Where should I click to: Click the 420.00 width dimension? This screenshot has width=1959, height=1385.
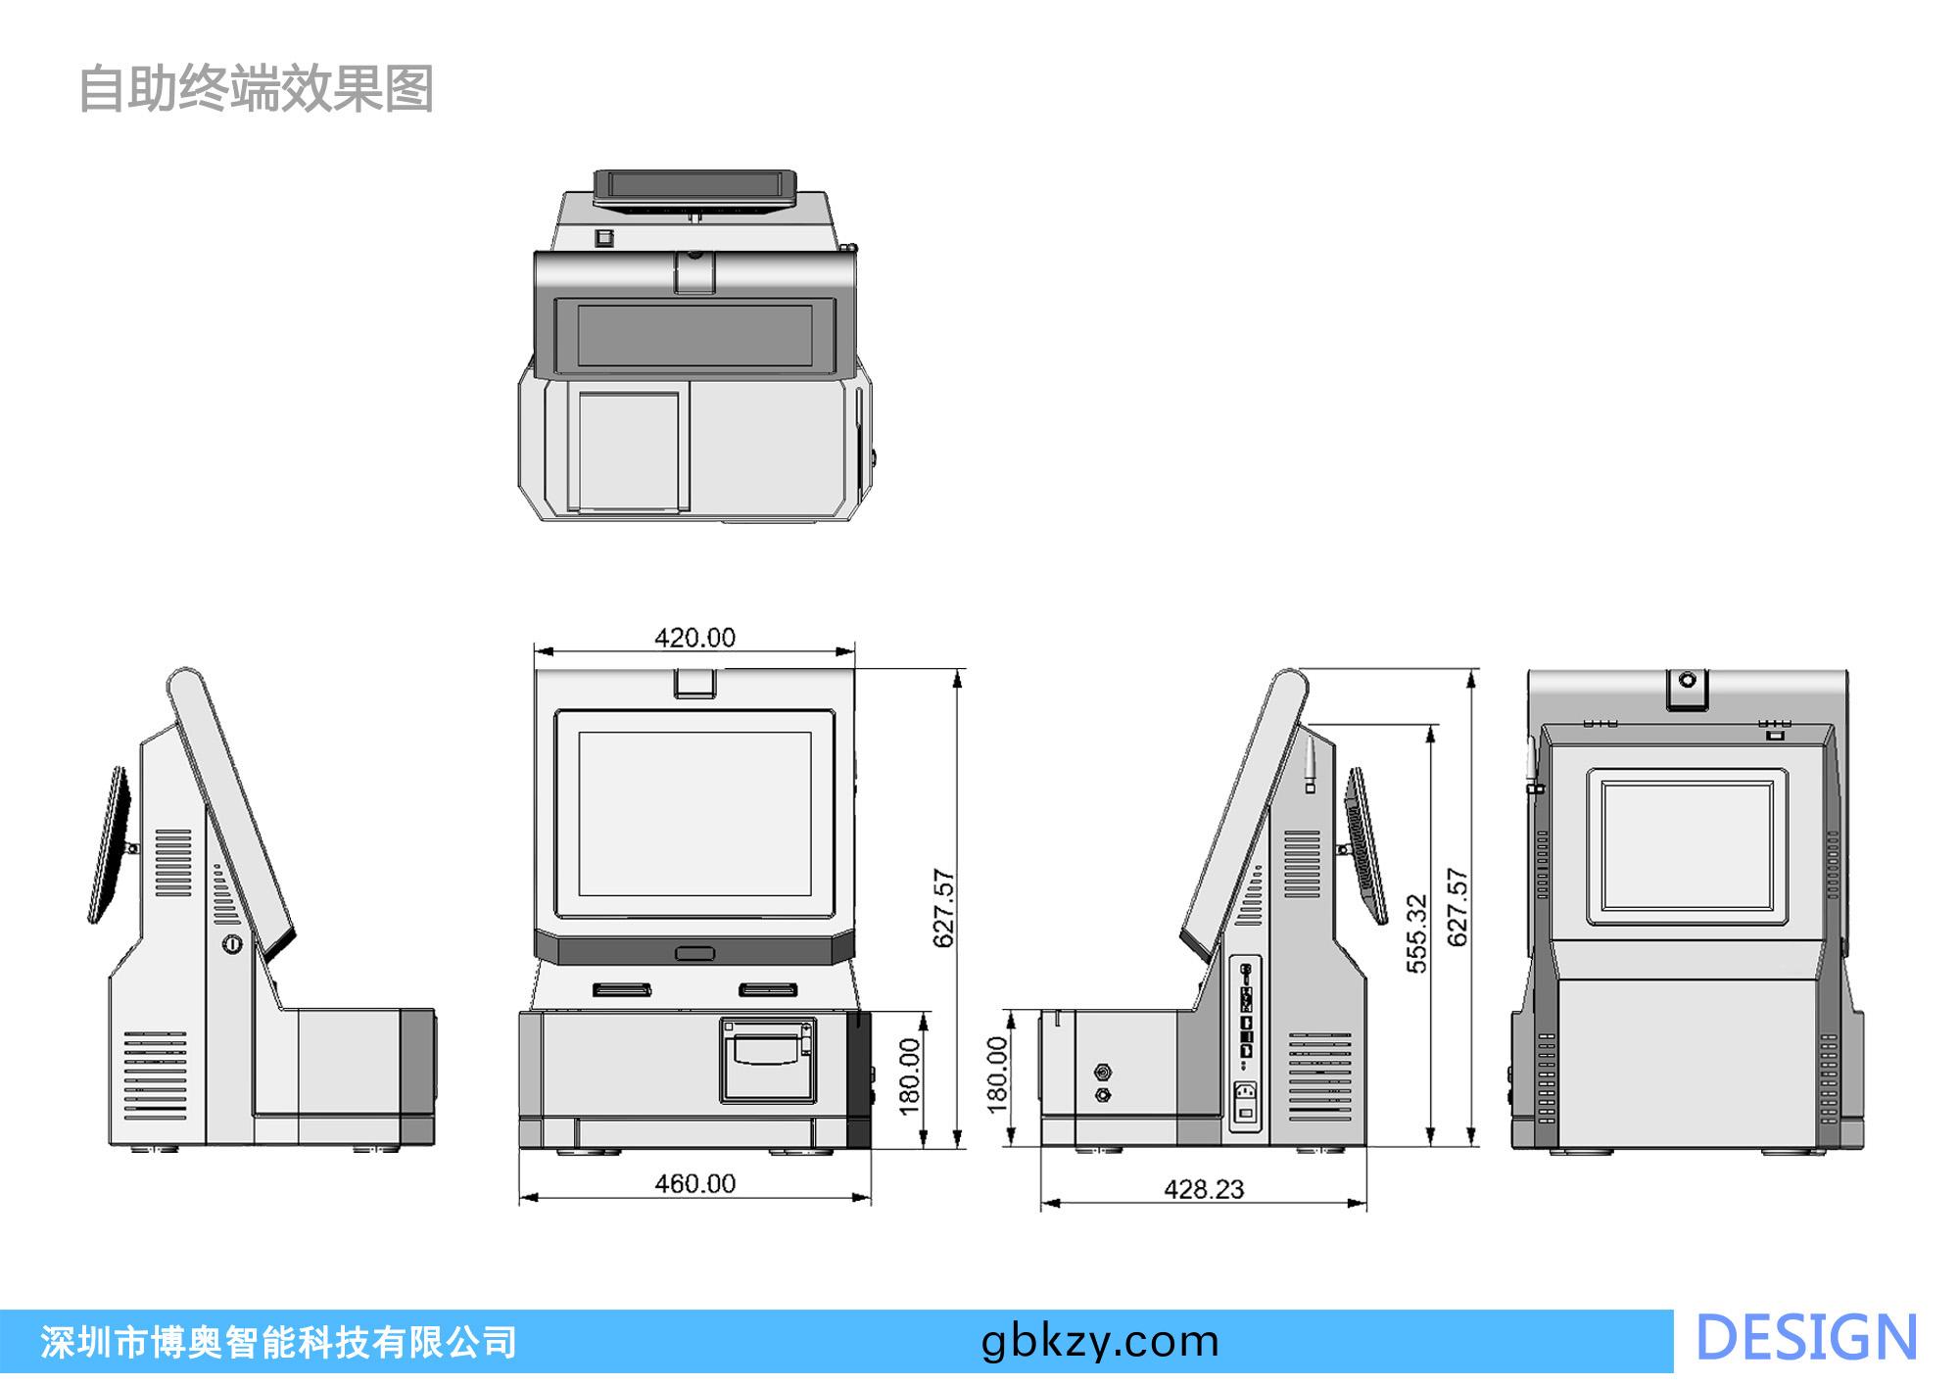coord(694,638)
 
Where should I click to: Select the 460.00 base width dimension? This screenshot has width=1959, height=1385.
coord(694,1183)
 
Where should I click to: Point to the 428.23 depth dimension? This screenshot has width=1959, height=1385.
coord(1204,1189)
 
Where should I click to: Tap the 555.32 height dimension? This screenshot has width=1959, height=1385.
coord(1417,933)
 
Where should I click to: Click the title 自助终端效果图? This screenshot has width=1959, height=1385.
coord(255,89)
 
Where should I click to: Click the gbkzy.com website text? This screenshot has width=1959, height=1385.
coord(1100,1341)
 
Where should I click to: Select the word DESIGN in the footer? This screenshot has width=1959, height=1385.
coord(1805,1339)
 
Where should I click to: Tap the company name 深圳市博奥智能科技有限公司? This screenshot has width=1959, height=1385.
coord(278,1342)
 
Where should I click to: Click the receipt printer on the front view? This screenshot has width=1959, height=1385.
coord(769,1061)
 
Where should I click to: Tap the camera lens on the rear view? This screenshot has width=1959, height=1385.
coord(1687,680)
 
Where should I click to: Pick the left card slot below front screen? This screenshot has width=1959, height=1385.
coord(621,990)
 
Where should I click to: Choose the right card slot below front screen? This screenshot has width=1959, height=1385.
coord(768,990)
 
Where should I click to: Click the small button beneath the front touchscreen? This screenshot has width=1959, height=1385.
coord(694,952)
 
